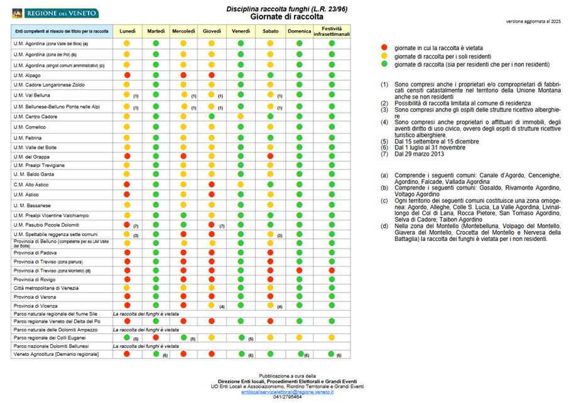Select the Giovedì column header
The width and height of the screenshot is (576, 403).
point(212,31)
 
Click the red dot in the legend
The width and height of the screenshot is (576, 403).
point(384,48)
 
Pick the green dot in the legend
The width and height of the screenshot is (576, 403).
point(384,64)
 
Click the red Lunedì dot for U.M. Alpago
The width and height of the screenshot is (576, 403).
point(127,75)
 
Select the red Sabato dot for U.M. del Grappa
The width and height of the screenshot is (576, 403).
point(270,156)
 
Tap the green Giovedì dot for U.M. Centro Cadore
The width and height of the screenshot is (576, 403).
point(212,116)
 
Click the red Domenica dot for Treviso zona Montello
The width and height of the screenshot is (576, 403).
point(299,270)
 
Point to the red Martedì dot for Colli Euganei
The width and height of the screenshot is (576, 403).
point(155,337)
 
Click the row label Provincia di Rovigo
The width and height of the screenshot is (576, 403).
point(33,279)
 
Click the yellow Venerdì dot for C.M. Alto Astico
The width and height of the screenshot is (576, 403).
point(241,185)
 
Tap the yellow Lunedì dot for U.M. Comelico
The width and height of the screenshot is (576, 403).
point(127,127)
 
